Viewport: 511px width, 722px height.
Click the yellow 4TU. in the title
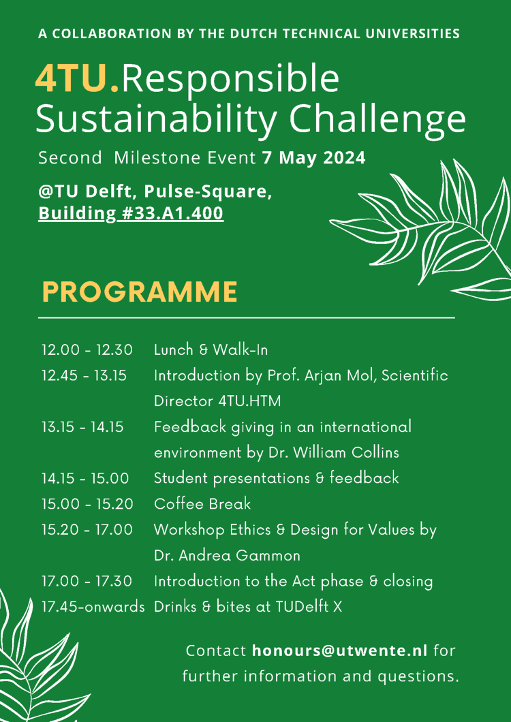(x=77, y=79)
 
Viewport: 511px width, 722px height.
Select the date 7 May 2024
(x=314, y=158)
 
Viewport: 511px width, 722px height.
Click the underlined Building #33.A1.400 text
(x=131, y=214)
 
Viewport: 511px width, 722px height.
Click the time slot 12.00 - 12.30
(x=87, y=350)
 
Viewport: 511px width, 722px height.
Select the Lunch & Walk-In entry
(x=211, y=350)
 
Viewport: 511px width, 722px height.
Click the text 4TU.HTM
(x=249, y=401)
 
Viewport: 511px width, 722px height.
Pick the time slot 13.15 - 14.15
(x=82, y=427)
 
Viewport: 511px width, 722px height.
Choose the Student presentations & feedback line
(x=277, y=478)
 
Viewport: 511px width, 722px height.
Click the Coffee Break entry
(x=202, y=504)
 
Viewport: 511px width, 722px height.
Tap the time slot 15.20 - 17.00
(x=87, y=530)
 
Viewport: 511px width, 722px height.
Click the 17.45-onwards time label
(x=93, y=608)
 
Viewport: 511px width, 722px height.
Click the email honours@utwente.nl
(x=340, y=650)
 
